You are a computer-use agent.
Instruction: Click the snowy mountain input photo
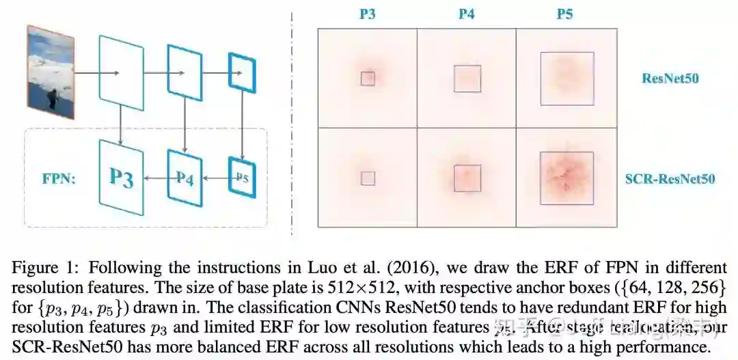tap(51, 72)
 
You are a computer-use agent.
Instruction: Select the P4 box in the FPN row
tap(185, 179)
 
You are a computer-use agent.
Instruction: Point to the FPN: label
tap(59, 178)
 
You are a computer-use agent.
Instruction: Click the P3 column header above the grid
tap(367, 14)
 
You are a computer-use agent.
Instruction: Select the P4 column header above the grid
tap(466, 14)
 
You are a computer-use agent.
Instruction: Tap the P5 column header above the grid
tap(565, 14)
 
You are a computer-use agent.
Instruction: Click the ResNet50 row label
tap(670, 78)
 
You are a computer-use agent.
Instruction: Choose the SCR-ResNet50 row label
tap(670, 179)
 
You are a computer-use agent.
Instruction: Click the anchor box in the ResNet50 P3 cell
tap(368, 79)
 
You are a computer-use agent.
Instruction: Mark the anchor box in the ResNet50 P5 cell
tap(566, 78)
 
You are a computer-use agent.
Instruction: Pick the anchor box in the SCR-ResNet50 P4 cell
tap(467, 178)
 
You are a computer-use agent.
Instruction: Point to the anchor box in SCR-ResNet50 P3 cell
tap(368, 178)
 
